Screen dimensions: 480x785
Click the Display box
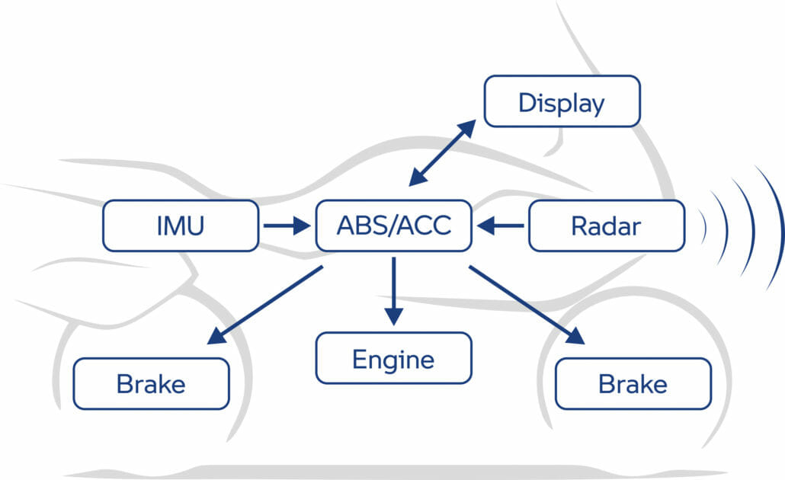[x=562, y=101]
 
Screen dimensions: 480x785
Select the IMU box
[x=180, y=226]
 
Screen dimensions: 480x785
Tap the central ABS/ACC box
[x=394, y=226]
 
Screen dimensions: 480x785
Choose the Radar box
[x=606, y=226]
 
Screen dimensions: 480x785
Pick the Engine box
[x=393, y=358]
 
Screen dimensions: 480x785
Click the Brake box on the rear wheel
[x=151, y=384]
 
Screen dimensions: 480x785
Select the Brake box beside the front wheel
[x=633, y=384]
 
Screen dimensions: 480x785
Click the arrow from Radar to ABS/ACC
[x=501, y=226]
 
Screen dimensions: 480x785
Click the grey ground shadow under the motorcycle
[x=381, y=472]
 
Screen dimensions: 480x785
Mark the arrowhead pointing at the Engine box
[x=393, y=318]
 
